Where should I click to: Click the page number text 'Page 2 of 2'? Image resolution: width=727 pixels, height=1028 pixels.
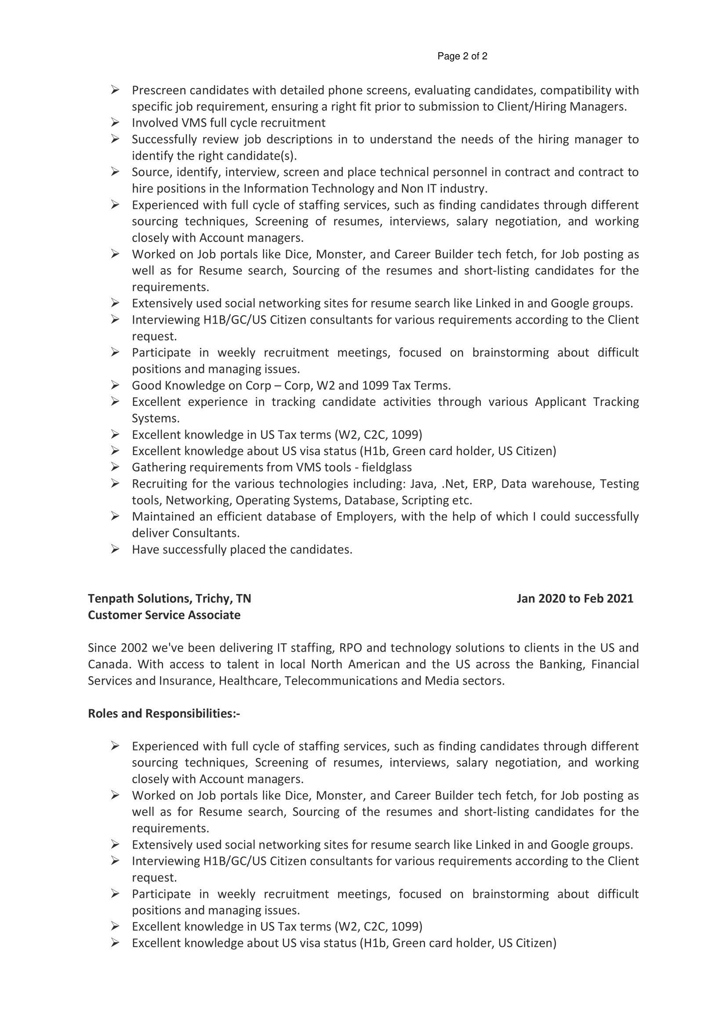(x=462, y=56)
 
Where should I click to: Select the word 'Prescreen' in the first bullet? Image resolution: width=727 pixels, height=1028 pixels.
(x=159, y=91)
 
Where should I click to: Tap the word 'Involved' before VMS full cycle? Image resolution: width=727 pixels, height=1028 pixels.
(x=154, y=123)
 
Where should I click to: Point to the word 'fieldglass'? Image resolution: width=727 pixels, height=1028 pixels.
(x=386, y=467)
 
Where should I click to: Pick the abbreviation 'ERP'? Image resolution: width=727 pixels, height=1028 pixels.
(x=483, y=484)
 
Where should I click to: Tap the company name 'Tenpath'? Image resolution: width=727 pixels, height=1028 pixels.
(x=111, y=598)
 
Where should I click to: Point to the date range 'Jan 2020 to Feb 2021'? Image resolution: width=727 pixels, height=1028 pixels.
(x=575, y=598)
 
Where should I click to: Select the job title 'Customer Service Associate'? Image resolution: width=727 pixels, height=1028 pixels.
(x=164, y=615)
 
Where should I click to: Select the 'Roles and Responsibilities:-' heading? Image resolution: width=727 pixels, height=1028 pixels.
(x=164, y=714)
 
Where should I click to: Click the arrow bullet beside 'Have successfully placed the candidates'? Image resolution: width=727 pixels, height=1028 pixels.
(x=115, y=549)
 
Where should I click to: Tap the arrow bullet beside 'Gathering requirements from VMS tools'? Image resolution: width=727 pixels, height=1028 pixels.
(x=115, y=467)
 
